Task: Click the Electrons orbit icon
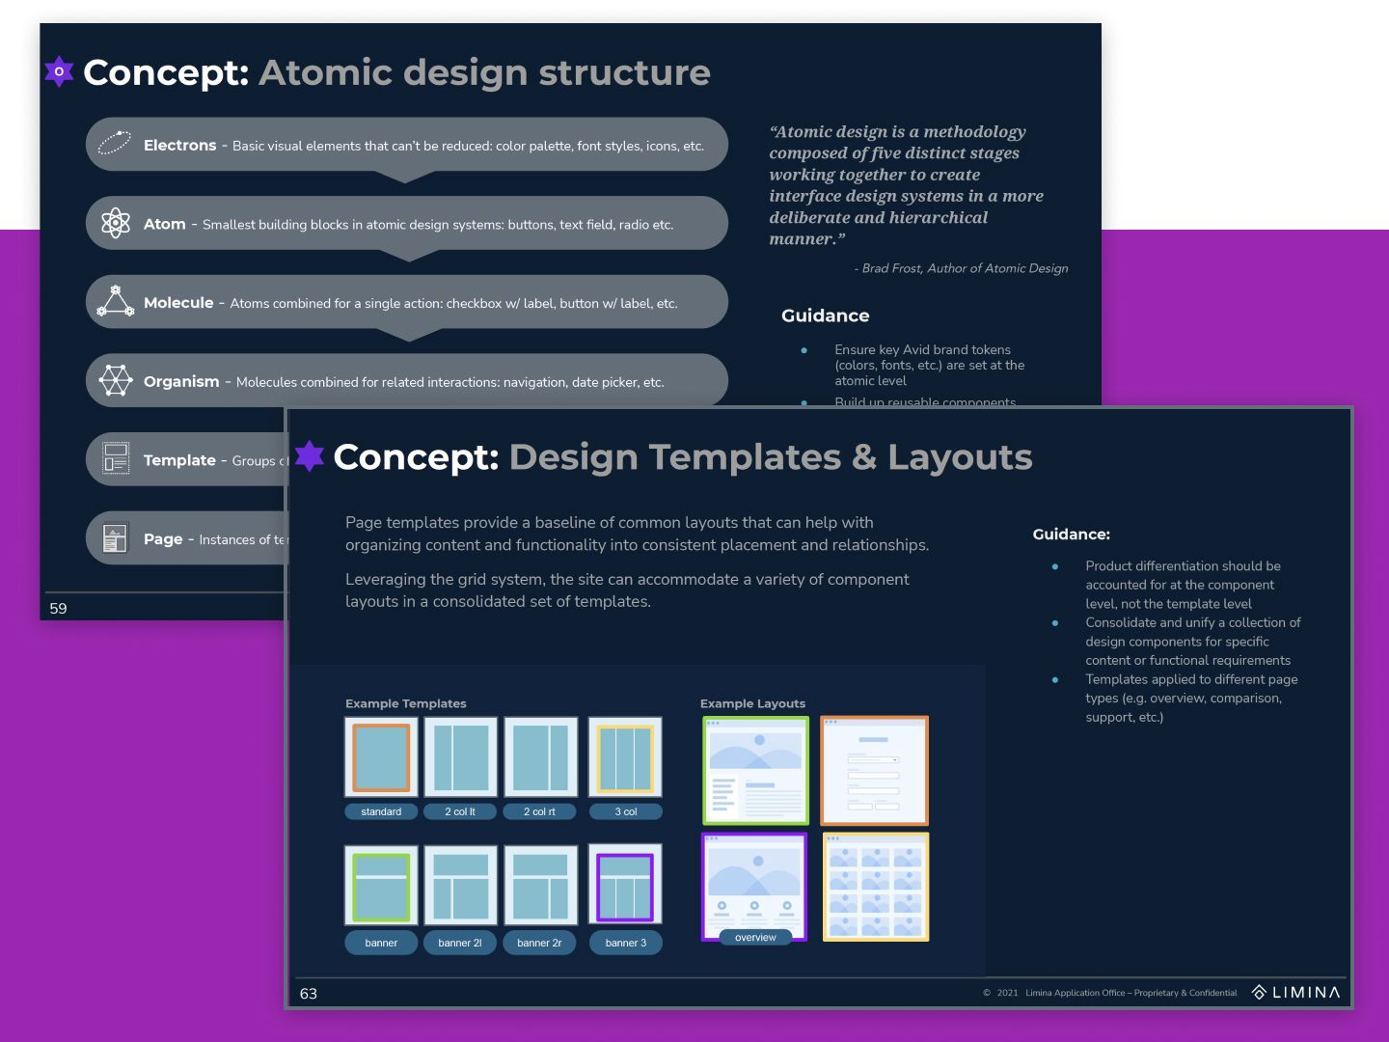[x=114, y=144]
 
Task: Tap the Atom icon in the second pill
[x=116, y=223]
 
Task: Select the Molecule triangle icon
[x=116, y=301]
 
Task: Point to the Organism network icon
[x=116, y=380]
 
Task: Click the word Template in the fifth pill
[x=179, y=460]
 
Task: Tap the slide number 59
[x=58, y=609]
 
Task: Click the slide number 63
[x=309, y=994]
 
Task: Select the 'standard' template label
[x=381, y=812]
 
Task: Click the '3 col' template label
[x=626, y=812]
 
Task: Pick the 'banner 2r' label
[x=539, y=943]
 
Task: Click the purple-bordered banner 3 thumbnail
[x=625, y=887]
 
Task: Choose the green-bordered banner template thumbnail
[x=381, y=887]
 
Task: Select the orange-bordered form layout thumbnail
[x=874, y=771]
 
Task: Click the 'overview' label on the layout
[x=755, y=938]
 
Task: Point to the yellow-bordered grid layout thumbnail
[x=875, y=888]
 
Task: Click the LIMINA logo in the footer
[x=1296, y=993]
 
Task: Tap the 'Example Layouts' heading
[x=752, y=703]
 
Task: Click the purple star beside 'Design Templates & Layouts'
[x=310, y=455]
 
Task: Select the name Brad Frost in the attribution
[x=891, y=268]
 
